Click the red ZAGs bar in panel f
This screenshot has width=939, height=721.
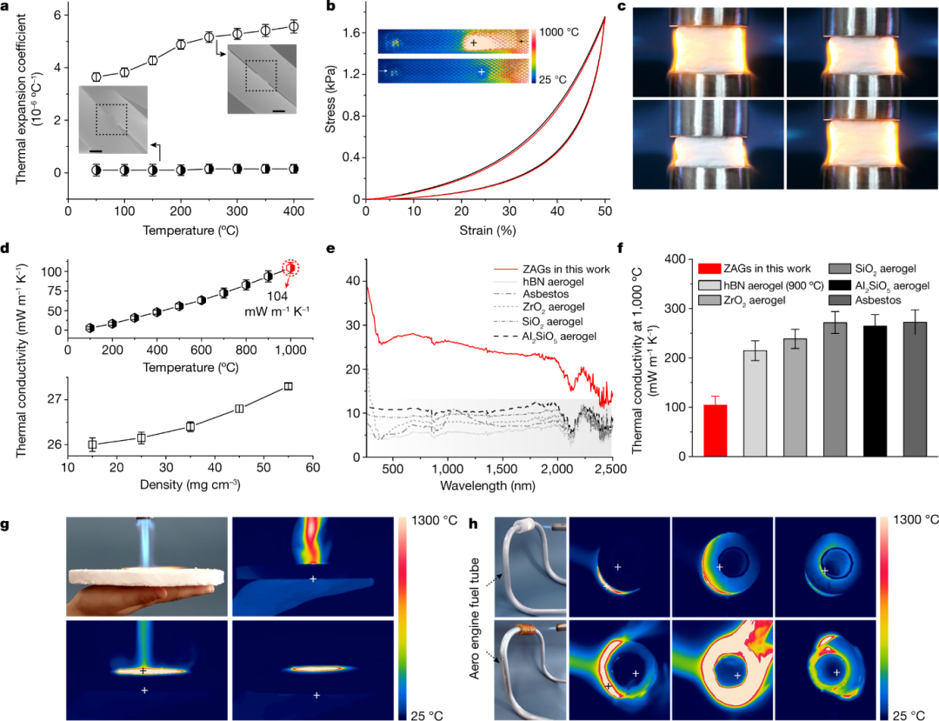[715, 431]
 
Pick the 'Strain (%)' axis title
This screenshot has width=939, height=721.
[486, 230]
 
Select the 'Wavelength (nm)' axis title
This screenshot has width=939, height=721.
[488, 482]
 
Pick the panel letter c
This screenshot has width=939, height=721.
[620, 7]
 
